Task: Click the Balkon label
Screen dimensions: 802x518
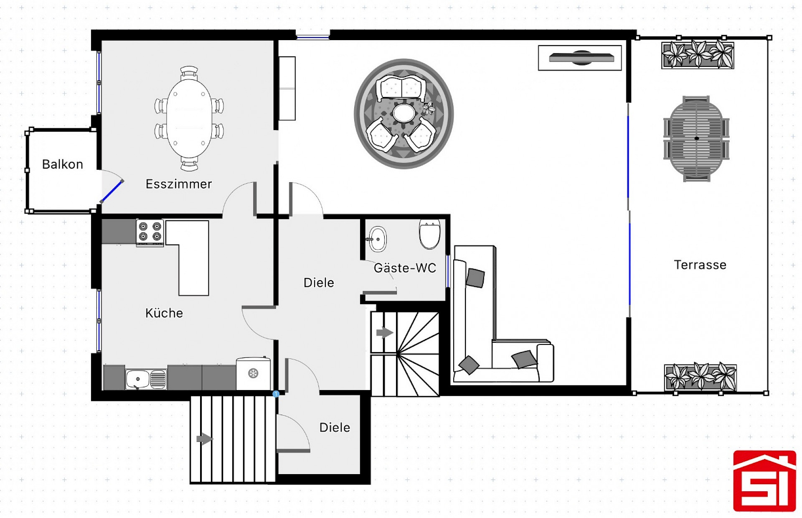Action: [x=63, y=164]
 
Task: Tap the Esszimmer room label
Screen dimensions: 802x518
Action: [x=179, y=184]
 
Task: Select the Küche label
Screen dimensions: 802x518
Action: [x=164, y=313]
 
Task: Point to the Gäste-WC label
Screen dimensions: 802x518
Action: [x=405, y=268]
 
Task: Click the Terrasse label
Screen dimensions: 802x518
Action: [x=700, y=265]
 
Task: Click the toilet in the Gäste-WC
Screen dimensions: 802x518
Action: [x=430, y=234]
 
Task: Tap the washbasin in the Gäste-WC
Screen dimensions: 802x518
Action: [x=378, y=239]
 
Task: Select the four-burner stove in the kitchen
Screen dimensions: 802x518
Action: [x=150, y=232]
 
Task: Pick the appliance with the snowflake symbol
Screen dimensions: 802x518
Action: [x=253, y=373]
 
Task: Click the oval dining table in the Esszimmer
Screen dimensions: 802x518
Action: [x=189, y=119]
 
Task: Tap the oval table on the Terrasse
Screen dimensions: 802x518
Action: [x=696, y=139]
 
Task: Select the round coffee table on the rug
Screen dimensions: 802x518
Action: [x=404, y=113]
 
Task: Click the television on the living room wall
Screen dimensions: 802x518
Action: [x=581, y=58]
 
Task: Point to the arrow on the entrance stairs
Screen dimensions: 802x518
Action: [x=205, y=439]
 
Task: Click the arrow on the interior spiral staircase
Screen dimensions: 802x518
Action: [x=385, y=333]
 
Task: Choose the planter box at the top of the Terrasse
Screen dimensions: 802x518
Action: [x=698, y=54]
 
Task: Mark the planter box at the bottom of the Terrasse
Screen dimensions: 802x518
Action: [x=700, y=378]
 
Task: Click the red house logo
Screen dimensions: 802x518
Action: [x=765, y=481]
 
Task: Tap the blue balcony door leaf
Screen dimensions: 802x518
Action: [x=112, y=191]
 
